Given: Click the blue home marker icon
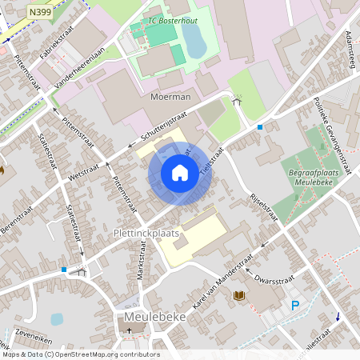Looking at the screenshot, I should click(180, 173).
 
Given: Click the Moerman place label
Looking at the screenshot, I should click(170, 97).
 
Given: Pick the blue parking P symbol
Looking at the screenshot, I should click(296, 305).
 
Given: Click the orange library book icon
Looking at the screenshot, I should click(238, 296).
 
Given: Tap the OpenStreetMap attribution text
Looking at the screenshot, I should click(80, 354).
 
